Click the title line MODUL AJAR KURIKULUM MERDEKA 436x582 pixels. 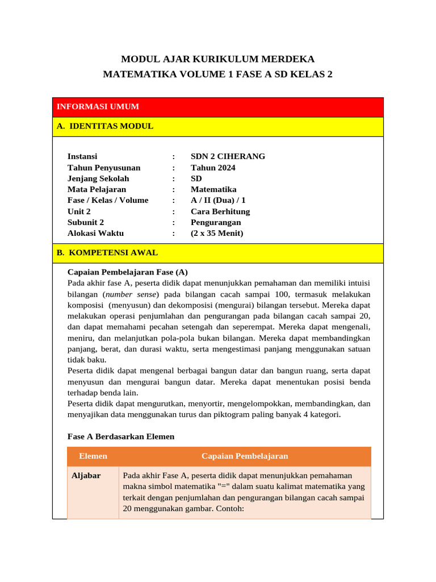[x=218, y=59]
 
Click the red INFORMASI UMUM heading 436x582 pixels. [x=98, y=107]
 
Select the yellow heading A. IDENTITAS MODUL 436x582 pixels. [x=105, y=126]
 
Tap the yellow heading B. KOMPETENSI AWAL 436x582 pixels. [x=107, y=252]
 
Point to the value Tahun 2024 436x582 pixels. [x=213, y=168]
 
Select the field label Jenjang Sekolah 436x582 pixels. [x=98, y=178]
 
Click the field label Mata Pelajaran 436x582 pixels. [x=97, y=189]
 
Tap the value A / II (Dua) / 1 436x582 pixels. [x=218, y=200]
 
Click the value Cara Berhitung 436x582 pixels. [x=220, y=211]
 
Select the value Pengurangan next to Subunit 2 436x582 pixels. [x=216, y=222]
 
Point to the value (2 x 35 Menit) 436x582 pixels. [x=217, y=233]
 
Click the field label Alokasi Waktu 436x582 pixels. [x=95, y=233]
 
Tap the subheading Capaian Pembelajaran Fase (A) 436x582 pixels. [x=127, y=272]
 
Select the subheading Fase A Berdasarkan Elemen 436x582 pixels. [x=121, y=436]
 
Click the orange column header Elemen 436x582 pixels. [x=93, y=456]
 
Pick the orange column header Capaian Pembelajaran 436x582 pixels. [x=245, y=456]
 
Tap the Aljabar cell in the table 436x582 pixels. [x=86, y=476]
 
